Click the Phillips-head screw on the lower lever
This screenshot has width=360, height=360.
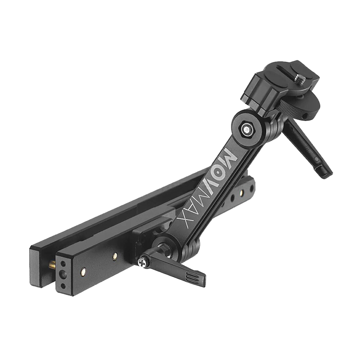point(142,263)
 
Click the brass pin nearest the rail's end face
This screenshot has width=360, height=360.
point(83,271)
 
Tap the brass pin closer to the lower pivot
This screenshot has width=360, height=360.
point(115,255)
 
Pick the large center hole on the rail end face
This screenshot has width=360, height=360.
point(62,273)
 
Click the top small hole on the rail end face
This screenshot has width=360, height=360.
point(63,263)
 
